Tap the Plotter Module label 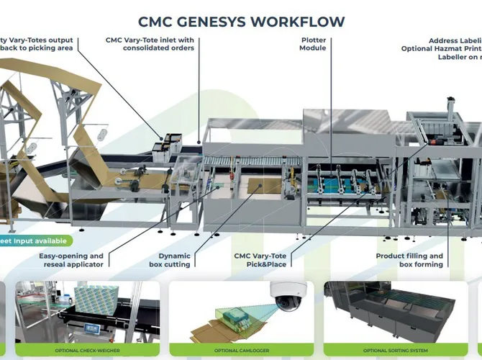[x=313, y=44]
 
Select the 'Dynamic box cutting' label [x=174, y=260]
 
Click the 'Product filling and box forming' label [x=409, y=260]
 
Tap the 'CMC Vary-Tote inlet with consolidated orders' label [x=150, y=44]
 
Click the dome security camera [x=288, y=292]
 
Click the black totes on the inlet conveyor [x=165, y=144]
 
